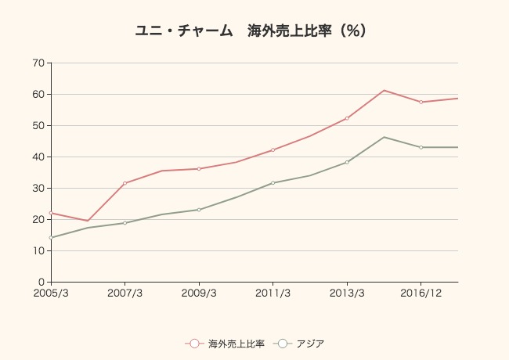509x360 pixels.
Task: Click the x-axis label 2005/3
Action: pos(51,293)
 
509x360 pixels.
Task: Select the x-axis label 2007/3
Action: pos(125,293)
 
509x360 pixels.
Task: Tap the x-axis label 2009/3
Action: pos(199,293)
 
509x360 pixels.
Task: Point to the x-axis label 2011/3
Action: pos(273,293)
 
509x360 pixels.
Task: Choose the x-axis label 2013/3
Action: pos(347,293)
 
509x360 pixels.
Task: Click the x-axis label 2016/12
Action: pos(421,293)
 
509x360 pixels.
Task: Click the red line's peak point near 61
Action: pos(384,90)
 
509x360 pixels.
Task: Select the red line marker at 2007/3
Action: pos(125,183)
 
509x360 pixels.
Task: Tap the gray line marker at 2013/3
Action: pos(347,162)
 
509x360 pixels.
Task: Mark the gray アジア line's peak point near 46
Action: pos(384,137)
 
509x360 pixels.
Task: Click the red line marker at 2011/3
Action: pos(273,149)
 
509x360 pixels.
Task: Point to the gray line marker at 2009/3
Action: pos(199,210)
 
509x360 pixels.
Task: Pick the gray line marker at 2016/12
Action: pos(421,147)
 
